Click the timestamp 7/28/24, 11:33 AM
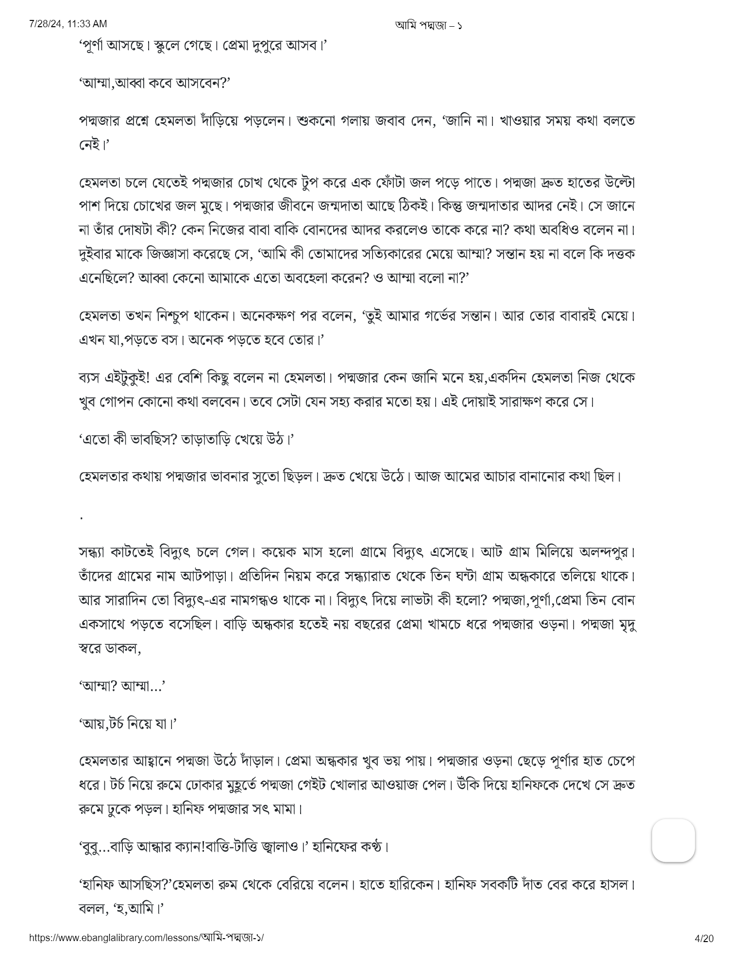(68, 24)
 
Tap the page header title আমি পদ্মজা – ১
(428, 25)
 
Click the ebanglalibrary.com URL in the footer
(147, 938)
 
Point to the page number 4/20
(704, 938)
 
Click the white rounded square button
(673, 841)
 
